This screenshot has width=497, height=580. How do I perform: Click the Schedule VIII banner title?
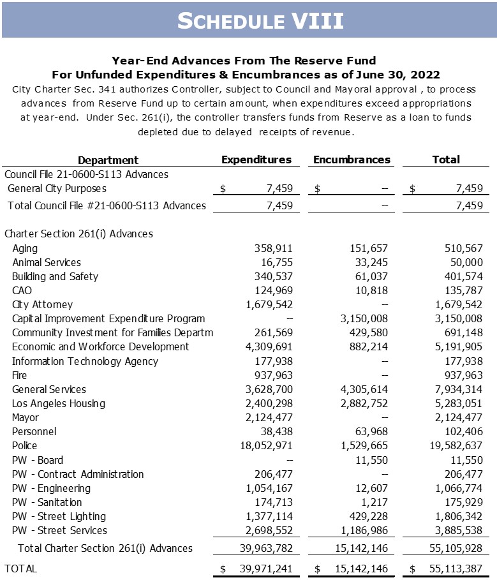point(260,20)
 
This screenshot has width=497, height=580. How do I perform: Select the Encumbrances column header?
point(352,160)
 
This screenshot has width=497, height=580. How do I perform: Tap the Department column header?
point(108,160)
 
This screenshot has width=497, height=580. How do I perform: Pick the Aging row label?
point(25,249)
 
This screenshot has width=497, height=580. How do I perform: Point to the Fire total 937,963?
point(461,376)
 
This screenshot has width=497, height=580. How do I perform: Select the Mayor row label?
point(26,418)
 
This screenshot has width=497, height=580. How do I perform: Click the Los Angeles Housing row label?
point(59,404)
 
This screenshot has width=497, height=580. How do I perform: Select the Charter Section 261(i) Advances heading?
point(78,234)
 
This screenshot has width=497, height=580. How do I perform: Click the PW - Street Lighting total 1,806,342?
point(455,516)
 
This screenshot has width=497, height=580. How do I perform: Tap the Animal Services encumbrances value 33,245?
point(369,263)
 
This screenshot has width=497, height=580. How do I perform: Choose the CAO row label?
point(22,291)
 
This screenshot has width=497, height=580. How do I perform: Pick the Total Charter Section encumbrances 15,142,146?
point(358,549)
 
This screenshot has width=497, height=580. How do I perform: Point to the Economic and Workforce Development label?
point(101,347)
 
